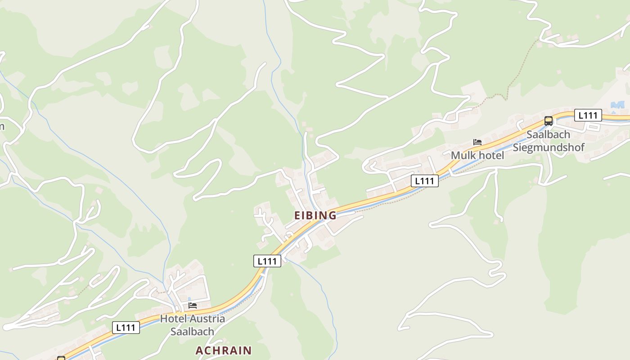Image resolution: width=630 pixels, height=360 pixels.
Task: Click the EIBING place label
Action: coord(315,216)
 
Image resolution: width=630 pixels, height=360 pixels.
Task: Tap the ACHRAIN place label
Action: coord(223,351)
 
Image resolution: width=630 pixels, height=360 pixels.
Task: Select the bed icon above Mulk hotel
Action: coord(477,142)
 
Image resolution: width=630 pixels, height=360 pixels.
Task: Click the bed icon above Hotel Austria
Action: coord(193,306)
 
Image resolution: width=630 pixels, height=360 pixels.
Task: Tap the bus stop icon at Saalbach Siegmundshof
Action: coord(549,121)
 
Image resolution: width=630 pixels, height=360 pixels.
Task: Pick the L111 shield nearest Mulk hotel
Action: coord(424,181)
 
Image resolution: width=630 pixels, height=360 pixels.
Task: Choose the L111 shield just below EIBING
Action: coord(267,261)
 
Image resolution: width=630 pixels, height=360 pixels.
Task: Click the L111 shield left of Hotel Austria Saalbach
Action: coord(126,328)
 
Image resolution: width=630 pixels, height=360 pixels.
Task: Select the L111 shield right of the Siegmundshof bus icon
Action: coord(588,115)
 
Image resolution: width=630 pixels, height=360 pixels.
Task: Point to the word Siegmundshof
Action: coord(549,147)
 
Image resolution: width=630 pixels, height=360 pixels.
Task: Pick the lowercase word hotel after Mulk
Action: coord(491,155)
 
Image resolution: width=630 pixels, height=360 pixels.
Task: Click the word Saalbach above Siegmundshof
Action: coord(548,135)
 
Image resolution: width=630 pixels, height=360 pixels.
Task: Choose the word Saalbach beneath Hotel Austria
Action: coord(192,332)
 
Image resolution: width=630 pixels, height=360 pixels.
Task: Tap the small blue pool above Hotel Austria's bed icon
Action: coord(189,298)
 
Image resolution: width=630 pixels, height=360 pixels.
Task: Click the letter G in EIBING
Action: coord(332,216)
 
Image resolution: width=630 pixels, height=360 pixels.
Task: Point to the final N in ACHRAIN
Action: coord(247,351)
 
